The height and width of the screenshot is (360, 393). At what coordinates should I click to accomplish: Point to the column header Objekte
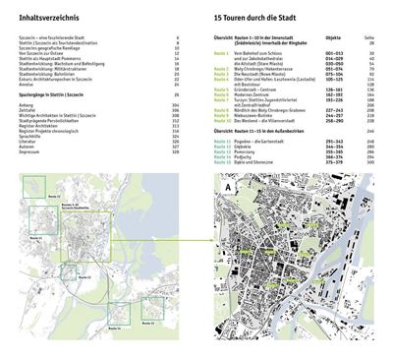point(333,36)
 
